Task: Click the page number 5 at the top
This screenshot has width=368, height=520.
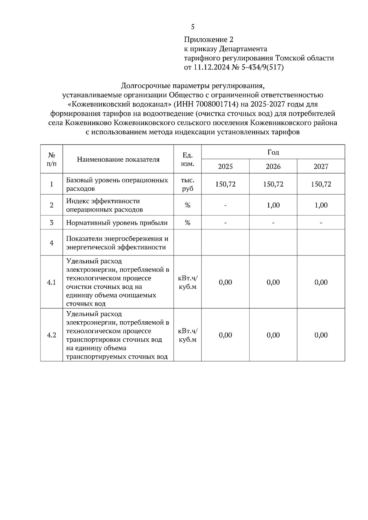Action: (193, 27)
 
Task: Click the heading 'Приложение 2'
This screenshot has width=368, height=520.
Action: (209, 40)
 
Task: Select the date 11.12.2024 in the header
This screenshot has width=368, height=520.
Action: (211, 67)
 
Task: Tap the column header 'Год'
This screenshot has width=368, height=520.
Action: (273, 152)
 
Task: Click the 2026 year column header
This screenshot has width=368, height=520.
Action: (273, 167)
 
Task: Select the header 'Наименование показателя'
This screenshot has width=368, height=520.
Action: (118, 159)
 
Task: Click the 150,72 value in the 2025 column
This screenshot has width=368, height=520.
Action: (225, 184)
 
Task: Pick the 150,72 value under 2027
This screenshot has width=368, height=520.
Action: (321, 184)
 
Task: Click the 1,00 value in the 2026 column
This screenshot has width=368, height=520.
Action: (273, 205)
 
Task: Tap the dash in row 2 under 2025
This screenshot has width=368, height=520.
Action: (225, 205)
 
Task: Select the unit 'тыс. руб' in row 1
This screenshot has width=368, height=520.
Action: (188, 184)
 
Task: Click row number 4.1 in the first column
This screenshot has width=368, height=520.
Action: (52, 282)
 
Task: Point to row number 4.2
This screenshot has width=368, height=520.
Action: (52, 335)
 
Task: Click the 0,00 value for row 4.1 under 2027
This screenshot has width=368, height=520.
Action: (321, 282)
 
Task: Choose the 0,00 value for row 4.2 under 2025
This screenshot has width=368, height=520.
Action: (225, 335)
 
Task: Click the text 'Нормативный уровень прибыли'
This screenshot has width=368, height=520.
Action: (117, 223)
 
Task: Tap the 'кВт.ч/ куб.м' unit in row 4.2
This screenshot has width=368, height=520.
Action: (188, 335)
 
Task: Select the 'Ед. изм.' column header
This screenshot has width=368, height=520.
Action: (188, 159)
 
